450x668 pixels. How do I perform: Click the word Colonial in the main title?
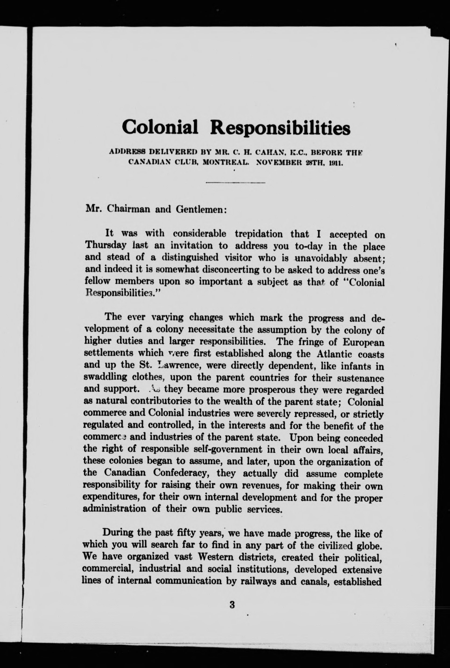(x=160, y=127)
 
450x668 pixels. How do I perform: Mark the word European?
(x=363, y=342)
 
